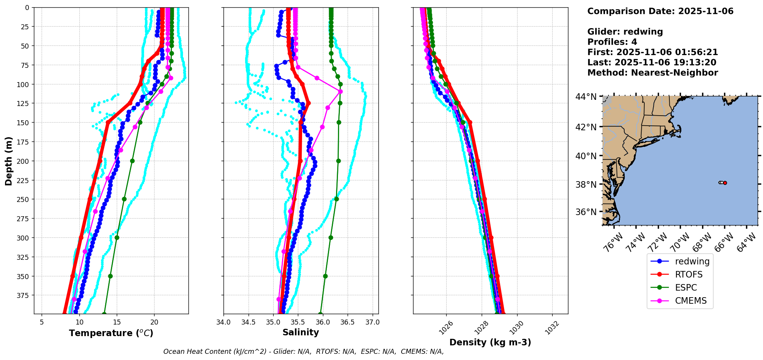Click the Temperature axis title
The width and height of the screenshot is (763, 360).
(x=111, y=333)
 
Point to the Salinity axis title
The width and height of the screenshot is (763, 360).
(x=301, y=332)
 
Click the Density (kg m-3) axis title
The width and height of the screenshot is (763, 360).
(x=490, y=342)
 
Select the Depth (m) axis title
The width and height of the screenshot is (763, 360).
(x=8, y=161)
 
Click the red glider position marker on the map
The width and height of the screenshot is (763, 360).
(x=725, y=183)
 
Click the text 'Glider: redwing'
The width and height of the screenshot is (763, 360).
(x=625, y=32)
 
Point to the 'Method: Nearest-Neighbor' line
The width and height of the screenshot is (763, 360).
(x=652, y=73)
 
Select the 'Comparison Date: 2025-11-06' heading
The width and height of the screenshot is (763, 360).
(x=660, y=11)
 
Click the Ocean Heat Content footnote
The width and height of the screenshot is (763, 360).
(x=303, y=352)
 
